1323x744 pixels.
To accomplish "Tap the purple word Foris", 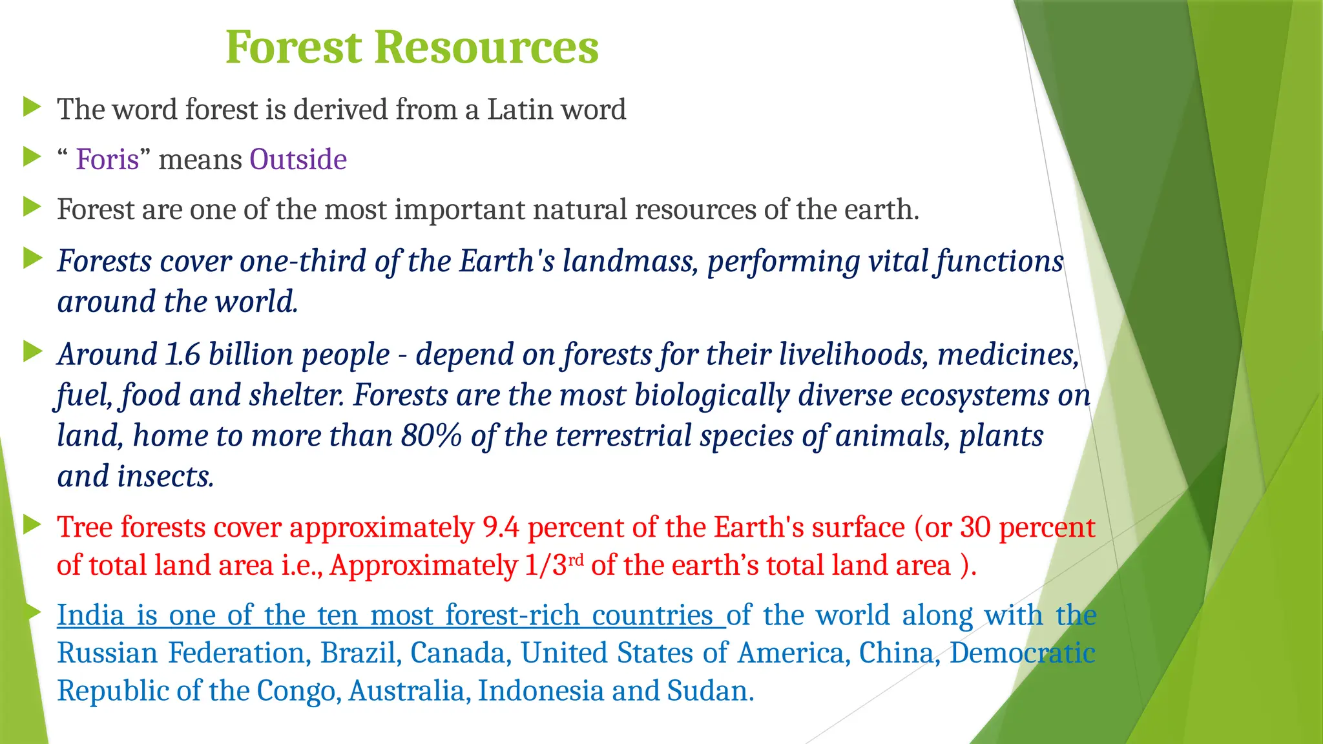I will click(x=107, y=160).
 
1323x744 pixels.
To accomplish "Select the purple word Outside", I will click(x=298, y=160).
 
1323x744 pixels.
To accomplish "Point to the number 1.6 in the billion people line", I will click(x=183, y=355).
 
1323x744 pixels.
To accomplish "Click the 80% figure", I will click(x=431, y=436).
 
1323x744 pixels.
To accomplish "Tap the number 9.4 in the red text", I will click(x=501, y=528).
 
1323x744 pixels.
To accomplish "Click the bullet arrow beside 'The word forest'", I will click(x=32, y=107).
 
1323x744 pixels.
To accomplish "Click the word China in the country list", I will click(x=896, y=653).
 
